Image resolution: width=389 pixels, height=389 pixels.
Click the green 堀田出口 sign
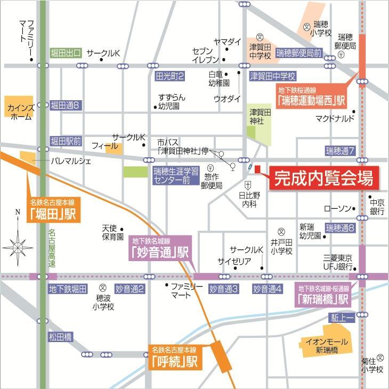[66, 53]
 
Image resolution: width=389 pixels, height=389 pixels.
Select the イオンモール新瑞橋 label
[326, 345]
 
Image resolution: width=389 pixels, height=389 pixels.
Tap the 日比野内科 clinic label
[248, 199]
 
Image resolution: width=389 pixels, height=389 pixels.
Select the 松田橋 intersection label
[61, 337]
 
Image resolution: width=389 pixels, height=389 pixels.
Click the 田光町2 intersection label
[169, 77]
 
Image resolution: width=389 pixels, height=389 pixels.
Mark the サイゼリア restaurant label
[234, 261]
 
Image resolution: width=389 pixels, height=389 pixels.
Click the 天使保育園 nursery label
[112, 232]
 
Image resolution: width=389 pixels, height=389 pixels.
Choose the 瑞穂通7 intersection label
[341, 151]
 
